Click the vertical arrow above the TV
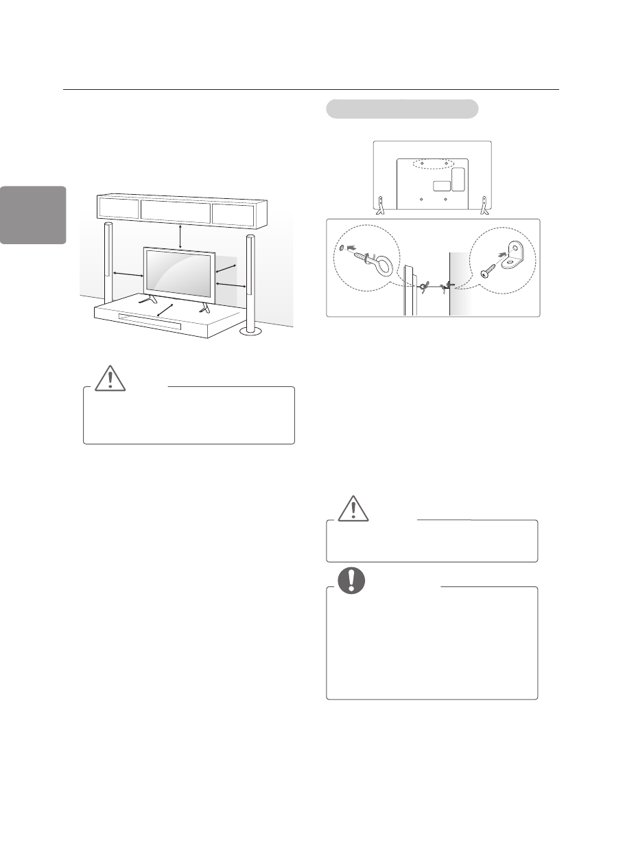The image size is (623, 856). tap(180, 235)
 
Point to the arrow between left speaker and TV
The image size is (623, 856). tap(128, 275)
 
